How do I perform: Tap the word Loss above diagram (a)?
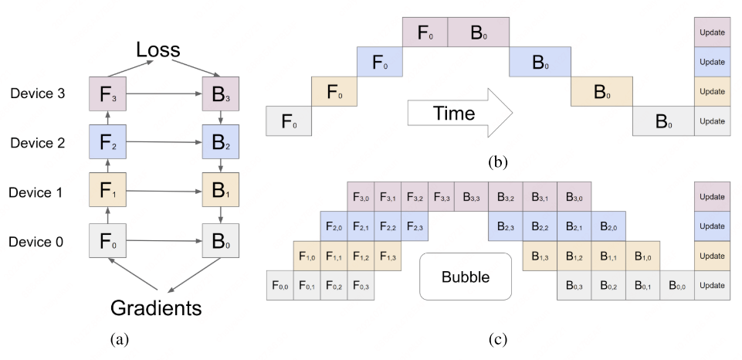tap(158, 51)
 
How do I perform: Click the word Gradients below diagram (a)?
tap(157, 308)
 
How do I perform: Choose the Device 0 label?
tap(36, 243)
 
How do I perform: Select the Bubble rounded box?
tap(466, 277)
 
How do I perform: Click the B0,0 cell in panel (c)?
tap(676, 285)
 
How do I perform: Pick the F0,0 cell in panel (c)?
tap(280, 285)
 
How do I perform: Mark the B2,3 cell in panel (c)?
tap(505, 226)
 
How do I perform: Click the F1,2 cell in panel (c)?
tap(361, 256)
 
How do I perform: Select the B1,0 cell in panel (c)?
tap(642, 256)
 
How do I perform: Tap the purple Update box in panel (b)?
tap(711, 32)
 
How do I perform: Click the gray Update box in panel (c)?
tap(711, 285)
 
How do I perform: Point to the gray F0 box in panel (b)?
tap(288, 121)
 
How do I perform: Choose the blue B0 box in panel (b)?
tap(540, 63)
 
